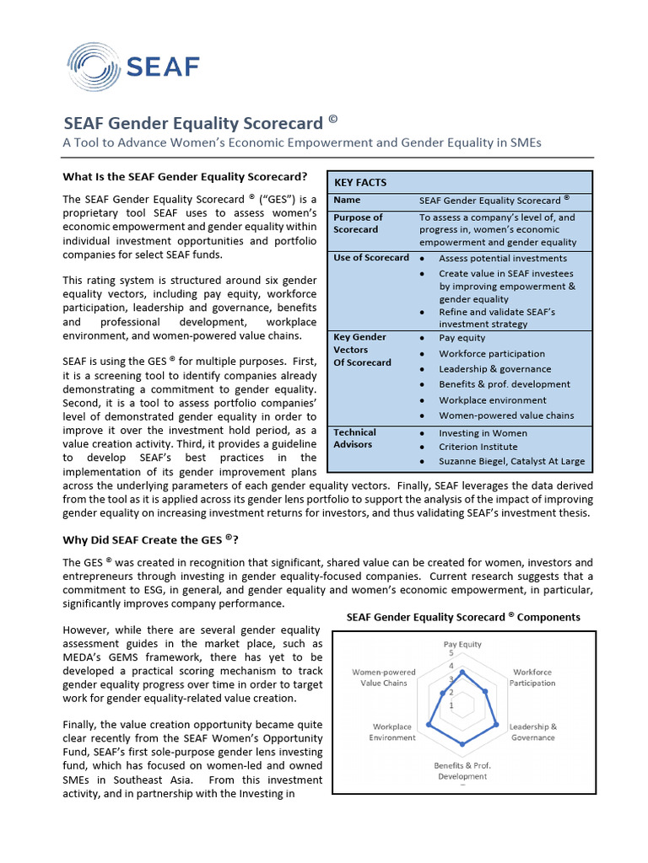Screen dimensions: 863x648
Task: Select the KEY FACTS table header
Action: point(360,182)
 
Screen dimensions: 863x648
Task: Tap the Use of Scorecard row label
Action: point(371,258)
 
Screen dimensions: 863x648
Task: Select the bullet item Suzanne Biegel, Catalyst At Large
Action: point(511,462)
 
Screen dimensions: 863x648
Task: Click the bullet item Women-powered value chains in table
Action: point(506,415)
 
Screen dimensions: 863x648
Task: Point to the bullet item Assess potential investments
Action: point(503,259)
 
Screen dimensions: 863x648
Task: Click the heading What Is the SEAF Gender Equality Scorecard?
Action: point(186,177)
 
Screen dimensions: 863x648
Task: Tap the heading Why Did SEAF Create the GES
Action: point(151,540)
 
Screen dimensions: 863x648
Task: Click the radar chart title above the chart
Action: point(463,617)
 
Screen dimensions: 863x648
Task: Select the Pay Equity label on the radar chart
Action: point(462,645)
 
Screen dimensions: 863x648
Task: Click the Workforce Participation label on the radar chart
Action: point(532,678)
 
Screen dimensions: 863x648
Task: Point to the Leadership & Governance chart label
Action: point(532,732)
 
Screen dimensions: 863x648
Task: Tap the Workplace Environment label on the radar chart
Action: point(392,732)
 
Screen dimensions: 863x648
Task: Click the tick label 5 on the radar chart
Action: point(451,654)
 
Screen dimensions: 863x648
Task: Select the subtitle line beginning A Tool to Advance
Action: point(301,142)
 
